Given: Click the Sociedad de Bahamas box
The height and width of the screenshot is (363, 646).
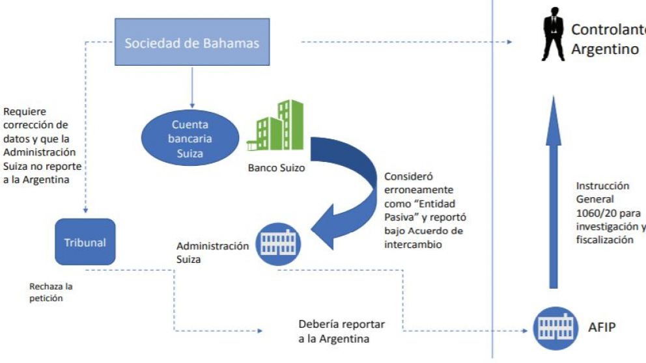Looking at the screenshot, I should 191,44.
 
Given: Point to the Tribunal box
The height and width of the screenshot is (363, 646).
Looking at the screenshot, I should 85,242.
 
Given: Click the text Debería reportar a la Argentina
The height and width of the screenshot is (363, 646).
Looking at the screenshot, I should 342,331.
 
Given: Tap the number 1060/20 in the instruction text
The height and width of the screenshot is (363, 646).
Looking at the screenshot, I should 594,213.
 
